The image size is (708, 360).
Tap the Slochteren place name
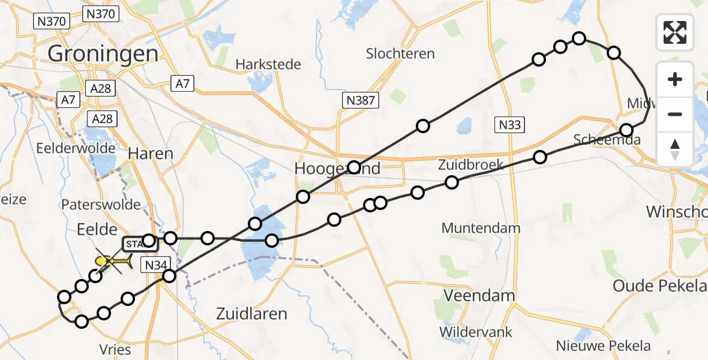(400, 53)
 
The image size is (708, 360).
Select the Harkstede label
(268, 64)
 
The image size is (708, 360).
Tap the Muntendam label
(478, 228)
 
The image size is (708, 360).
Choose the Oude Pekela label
(659, 286)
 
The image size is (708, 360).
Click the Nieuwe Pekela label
(603, 346)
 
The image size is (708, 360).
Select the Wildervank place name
(475, 331)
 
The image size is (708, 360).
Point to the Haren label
(151, 154)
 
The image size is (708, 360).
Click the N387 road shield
(361, 101)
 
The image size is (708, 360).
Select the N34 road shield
(157, 264)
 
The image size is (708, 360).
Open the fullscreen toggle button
(675, 32)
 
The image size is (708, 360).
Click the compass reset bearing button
(675, 149)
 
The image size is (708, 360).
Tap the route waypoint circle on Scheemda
(626, 130)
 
